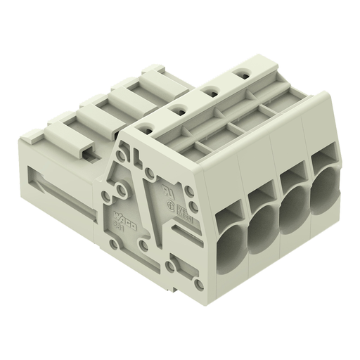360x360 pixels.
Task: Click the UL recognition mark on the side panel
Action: click(x=167, y=191)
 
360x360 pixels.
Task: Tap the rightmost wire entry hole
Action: click(x=325, y=181)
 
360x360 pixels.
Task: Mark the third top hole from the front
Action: click(x=210, y=90)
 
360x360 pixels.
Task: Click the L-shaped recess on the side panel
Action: click(x=134, y=149)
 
